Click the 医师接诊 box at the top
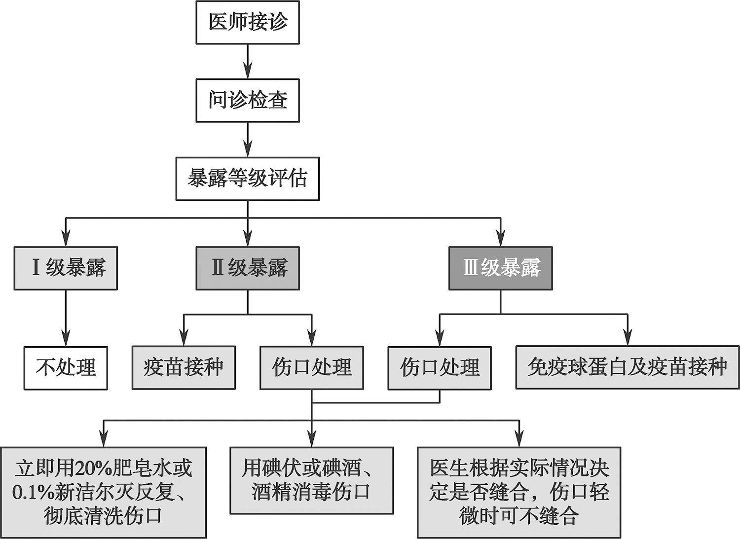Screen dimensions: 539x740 point(248,22)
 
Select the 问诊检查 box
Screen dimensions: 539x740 point(248,100)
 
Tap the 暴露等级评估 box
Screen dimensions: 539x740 point(248,179)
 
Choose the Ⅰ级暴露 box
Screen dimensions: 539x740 point(66,268)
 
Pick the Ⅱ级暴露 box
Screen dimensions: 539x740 point(248,268)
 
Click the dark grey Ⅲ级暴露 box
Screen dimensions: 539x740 point(500,268)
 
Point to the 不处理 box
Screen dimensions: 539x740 point(66,367)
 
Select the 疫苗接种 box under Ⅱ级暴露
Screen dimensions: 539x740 point(184,367)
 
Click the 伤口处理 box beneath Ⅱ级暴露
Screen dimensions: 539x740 point(312,367)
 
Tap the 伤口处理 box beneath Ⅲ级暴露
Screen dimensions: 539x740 point(440,367)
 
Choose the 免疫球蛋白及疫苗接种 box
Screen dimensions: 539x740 point(628,367)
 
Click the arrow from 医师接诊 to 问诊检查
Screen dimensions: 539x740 point(248,61)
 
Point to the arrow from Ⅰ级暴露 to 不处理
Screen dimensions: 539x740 point(66,318)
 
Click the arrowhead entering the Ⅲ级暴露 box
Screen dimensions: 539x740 point(500,240)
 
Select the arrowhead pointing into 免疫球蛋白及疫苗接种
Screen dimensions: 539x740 point(628,339)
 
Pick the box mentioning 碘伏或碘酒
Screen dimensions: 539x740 point(312,480)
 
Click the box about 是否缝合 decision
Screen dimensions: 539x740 point(519,492)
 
